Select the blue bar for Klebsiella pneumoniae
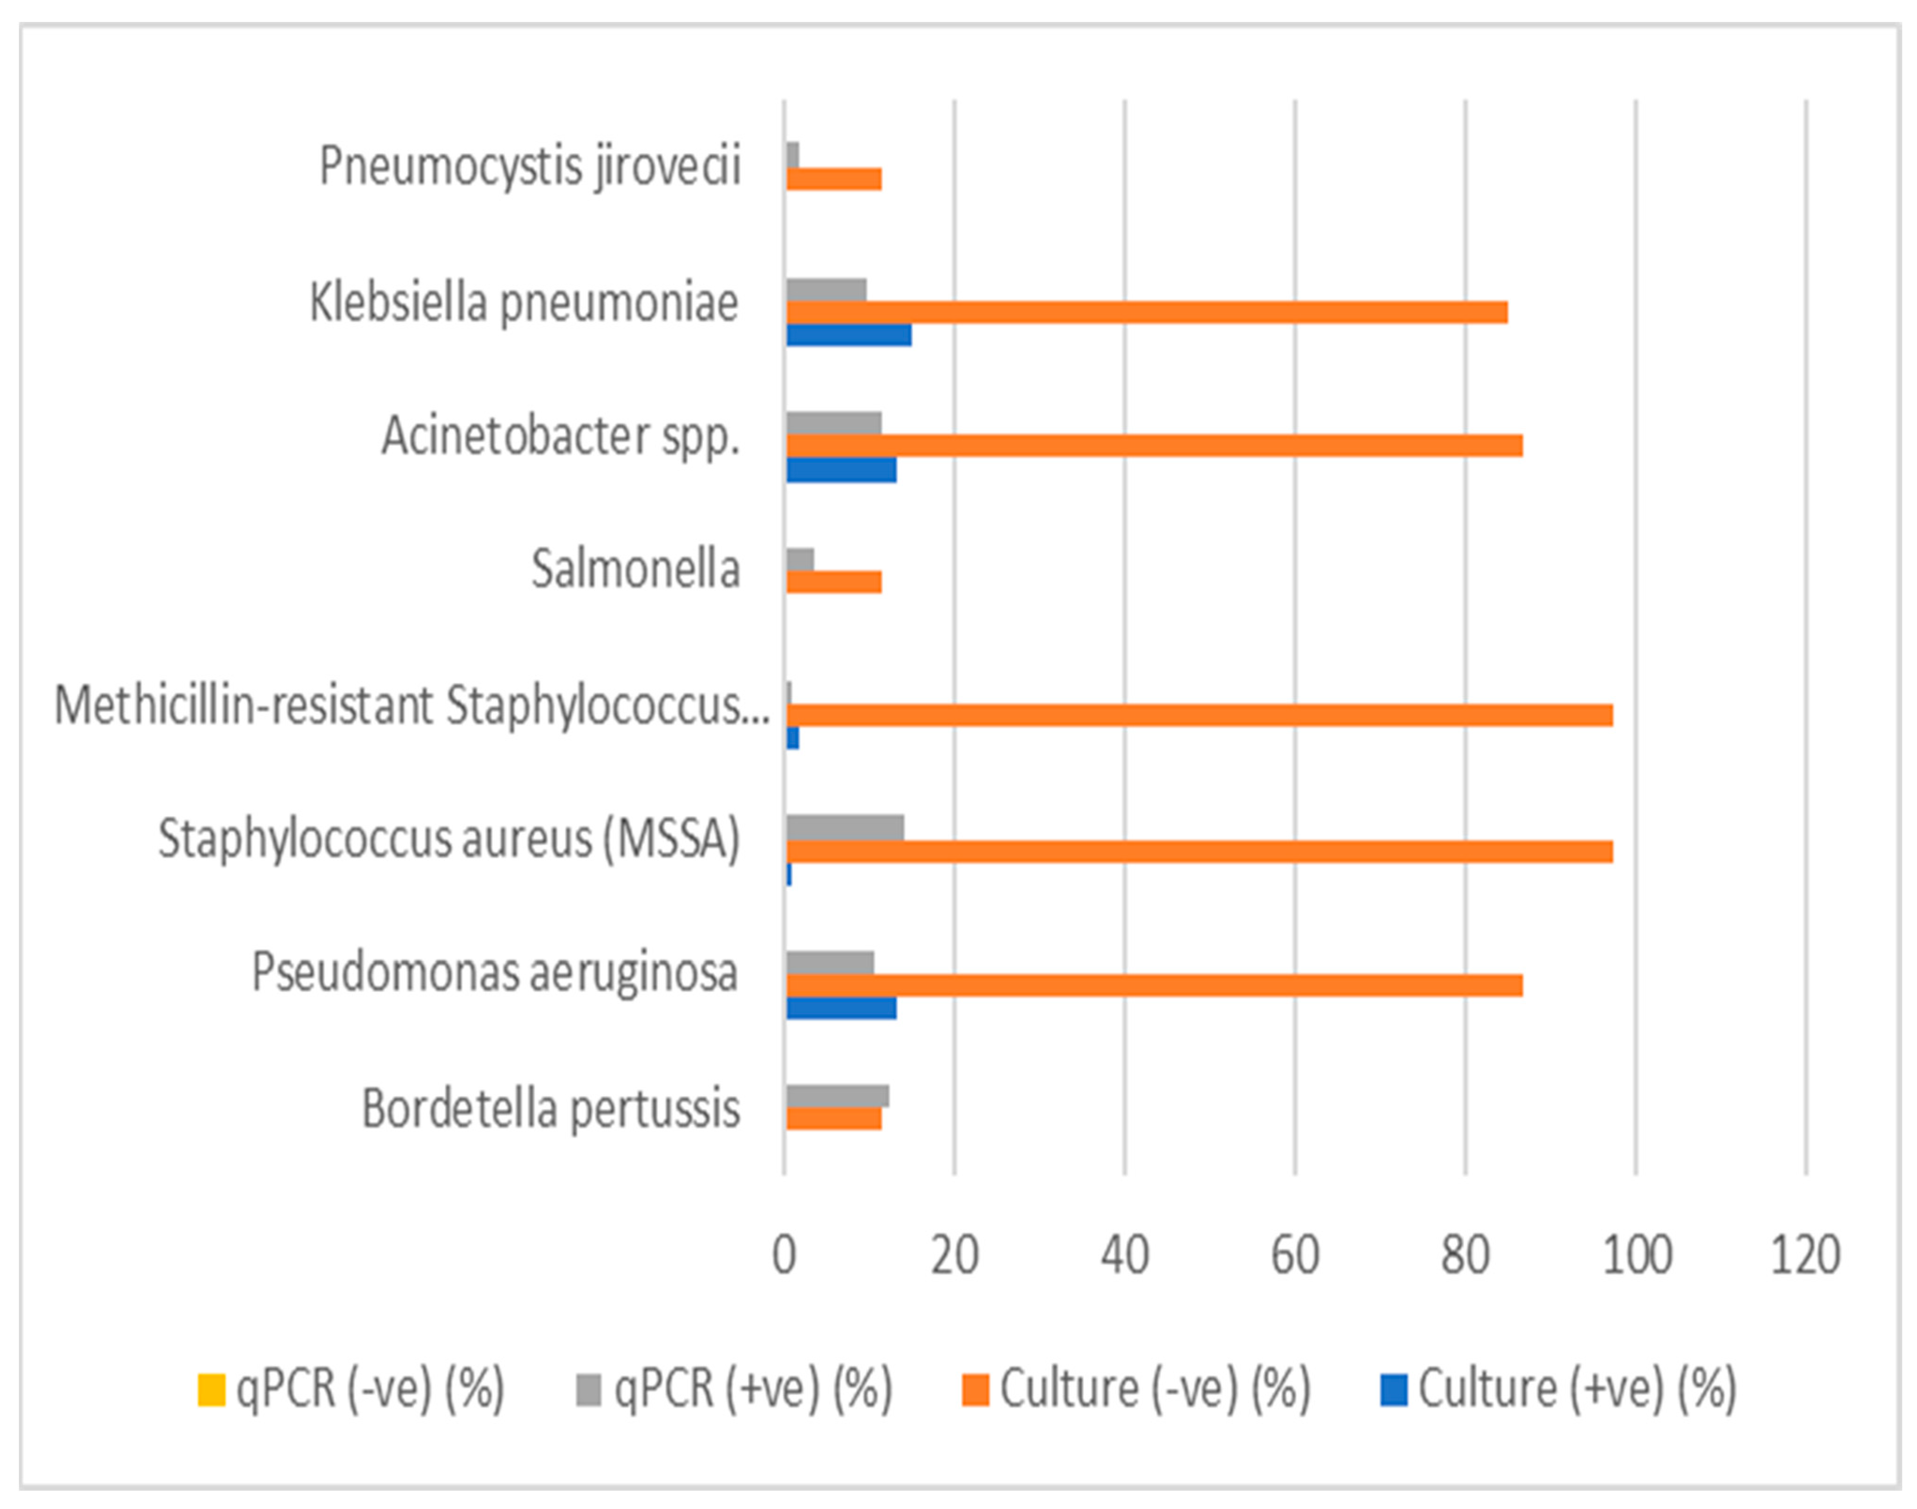point(849,335)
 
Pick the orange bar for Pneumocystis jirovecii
point(833,179)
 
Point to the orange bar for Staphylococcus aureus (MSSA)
point(1198,851)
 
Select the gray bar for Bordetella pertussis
point(837,1096)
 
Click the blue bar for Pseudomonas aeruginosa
point(841,1008)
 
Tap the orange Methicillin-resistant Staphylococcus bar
point(1198,715)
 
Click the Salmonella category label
point(635,569)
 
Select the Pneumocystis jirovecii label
point(530,166)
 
